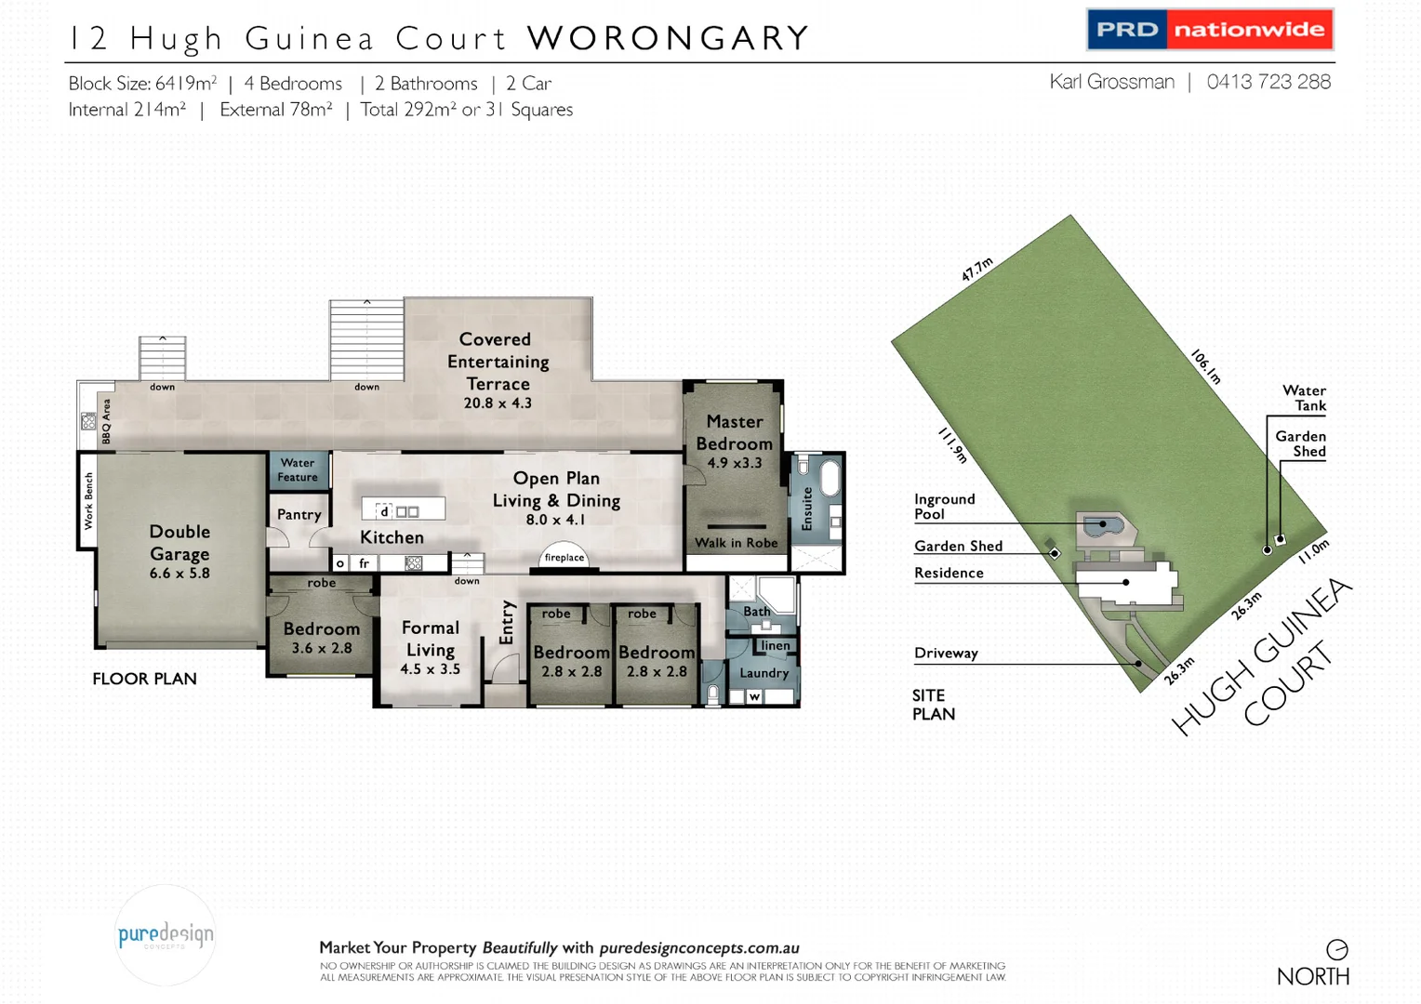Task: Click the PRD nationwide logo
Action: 1210,30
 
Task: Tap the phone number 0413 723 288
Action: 1268,82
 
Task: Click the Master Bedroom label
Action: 734,433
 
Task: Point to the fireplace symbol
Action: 564,556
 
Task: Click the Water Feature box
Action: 298,470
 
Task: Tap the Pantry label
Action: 299,514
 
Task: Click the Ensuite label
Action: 807,509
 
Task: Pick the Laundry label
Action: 764,672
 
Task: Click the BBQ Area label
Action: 106,421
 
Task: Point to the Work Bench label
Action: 88,501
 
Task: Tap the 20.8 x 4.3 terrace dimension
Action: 498,403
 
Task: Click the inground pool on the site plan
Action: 1103,526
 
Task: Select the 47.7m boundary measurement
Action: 977,269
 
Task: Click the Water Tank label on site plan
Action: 1304,398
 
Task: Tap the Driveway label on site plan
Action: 946,653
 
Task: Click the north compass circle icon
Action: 1336,949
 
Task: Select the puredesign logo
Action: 166,935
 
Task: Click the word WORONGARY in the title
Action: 668,38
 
